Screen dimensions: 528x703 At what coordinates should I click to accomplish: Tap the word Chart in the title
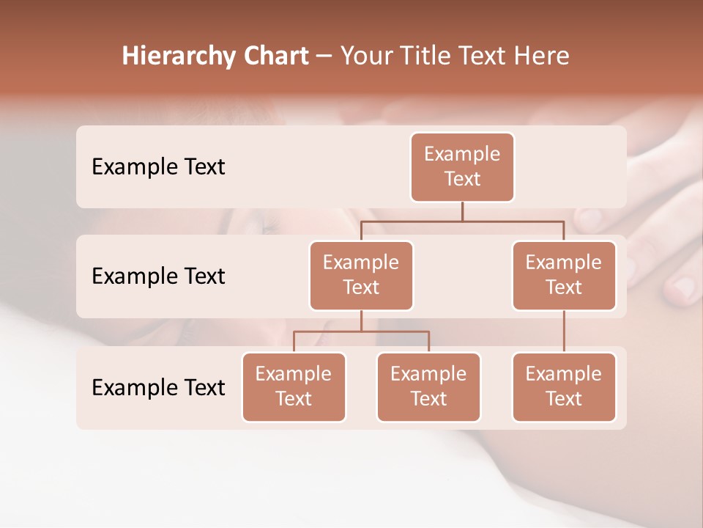coord(274,56)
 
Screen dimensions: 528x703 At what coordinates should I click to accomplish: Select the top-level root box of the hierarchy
coord(462,166)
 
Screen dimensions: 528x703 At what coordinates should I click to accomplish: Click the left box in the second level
coord(361,275)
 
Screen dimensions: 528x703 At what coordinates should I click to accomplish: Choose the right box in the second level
coord(564,275)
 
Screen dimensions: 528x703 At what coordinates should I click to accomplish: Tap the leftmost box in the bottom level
coord(294,386)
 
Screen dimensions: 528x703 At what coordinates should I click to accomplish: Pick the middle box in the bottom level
coord(428,386)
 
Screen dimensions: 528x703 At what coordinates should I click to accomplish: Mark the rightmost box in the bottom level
coord(564,386)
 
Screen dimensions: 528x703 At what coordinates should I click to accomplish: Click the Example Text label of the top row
coord(158,166)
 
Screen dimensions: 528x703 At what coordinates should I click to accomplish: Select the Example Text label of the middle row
coord(158,276)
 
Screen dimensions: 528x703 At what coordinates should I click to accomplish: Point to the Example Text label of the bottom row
coord(158,387)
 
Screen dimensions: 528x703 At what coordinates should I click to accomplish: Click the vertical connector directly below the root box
coord(462,211)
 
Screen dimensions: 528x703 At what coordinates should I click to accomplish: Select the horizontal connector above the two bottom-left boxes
coord(361,331)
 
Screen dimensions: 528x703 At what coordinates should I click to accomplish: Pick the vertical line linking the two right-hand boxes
coord(564,331)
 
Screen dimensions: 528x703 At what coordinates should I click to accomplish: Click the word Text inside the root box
coord(462,179)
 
